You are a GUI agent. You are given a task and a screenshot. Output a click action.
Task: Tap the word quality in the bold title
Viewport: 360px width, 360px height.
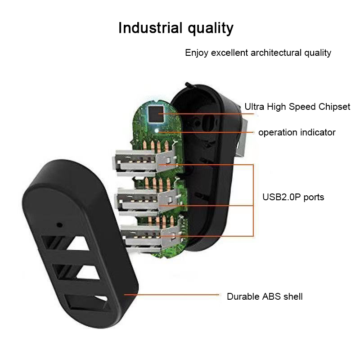[210, 29]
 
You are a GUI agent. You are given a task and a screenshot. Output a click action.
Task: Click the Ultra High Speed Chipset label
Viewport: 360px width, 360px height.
[297, 107]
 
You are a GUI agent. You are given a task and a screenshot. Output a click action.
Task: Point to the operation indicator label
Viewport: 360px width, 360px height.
[297, 132]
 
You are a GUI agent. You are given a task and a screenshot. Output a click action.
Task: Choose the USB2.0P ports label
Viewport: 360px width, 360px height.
[293, 197]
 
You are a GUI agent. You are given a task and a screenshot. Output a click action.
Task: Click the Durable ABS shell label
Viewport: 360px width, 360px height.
[265, 297]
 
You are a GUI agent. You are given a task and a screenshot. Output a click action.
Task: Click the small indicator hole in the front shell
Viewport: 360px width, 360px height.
[59, 223]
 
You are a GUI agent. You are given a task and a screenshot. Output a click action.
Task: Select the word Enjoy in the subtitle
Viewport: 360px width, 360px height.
[197, 53]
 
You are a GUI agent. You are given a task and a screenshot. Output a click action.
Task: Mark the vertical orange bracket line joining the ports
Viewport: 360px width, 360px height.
[253, 200]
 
